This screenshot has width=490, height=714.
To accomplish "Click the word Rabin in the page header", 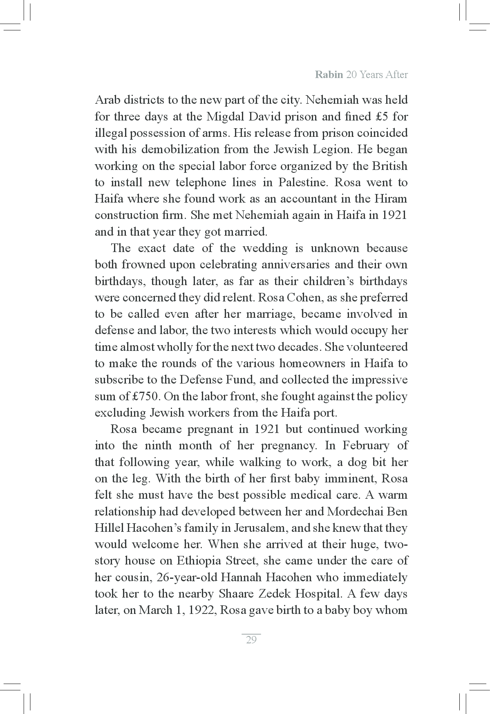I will [x=329, y=75].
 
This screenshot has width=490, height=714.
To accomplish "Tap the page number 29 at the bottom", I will [x=251, y=640].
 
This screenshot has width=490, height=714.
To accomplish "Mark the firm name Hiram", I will [x=391, y=199].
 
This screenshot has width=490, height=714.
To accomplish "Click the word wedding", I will [x=265, y=248].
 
